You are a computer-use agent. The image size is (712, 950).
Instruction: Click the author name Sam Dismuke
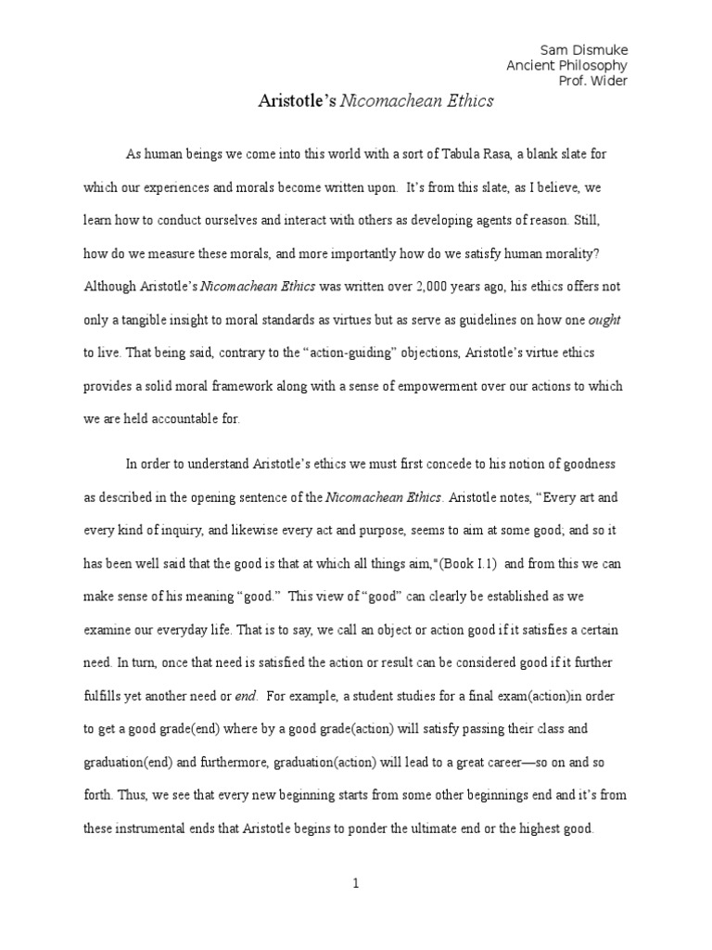pyautogui.click(x=582, y=49)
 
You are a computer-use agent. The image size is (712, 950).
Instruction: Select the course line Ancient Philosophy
pyautogui.click(x=566, y=65)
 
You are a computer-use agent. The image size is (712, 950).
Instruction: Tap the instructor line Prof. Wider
pyautogui.click(x=592, y=81)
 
